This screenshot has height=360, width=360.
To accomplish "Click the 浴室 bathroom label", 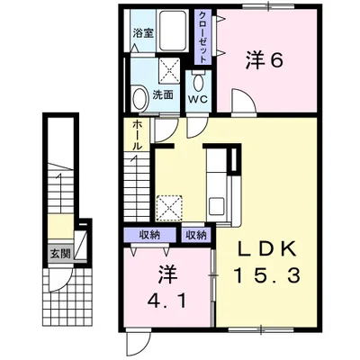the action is point(143,32).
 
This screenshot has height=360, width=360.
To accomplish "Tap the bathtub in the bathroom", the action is point(172,31).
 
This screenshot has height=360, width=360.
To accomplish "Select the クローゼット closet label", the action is point(202,37).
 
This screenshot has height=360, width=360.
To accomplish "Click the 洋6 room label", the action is point(265,60).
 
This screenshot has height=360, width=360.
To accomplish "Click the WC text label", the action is point(198,99).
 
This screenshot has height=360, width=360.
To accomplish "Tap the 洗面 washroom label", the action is point(163,94).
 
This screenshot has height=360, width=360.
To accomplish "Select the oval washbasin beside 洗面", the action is point(140,97).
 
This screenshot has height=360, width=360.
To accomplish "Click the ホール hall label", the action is point(137,135).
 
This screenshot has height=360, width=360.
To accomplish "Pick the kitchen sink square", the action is point(216,206).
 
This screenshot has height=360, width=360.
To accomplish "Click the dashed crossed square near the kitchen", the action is point(169,208).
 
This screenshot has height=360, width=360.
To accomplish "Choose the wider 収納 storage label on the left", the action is point(150,235).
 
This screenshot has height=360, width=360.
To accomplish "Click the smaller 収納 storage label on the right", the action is point(196,235).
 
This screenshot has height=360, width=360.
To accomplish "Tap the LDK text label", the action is point(266,248).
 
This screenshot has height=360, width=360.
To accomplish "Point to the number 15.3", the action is point(267,276).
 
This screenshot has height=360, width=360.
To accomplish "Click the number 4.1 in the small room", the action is point(166,299).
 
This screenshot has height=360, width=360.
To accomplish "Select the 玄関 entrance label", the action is point(60,254).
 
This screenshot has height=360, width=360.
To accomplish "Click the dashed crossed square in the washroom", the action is point(169,71).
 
